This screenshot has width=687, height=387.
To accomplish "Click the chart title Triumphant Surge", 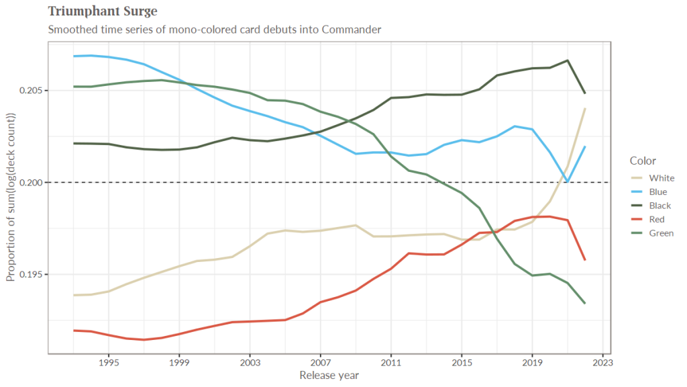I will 103,12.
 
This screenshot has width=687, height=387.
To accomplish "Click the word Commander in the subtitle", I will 352,30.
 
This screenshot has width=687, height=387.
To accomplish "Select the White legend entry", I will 661,178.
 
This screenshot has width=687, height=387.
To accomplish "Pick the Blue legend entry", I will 658,192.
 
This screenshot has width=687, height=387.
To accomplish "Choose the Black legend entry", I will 659,206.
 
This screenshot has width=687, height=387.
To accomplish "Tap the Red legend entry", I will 657,220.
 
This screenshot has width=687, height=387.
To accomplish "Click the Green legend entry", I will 661,233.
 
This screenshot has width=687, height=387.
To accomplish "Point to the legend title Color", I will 643,161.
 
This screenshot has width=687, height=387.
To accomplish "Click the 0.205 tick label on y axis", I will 32,91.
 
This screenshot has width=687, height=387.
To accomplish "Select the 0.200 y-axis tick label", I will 32,183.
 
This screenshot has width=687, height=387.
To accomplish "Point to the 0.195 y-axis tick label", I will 32,275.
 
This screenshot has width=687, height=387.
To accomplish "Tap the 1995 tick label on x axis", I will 109,363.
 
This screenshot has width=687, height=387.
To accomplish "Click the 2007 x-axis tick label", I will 320,363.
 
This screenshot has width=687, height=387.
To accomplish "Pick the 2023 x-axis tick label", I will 602,363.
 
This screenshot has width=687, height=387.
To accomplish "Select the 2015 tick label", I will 461,363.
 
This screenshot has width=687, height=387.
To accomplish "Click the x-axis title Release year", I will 329,375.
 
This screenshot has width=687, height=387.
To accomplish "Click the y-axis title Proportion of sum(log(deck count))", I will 11,197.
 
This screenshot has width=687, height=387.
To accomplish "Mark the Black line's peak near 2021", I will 568,60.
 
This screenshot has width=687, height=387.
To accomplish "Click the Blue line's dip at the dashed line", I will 568,181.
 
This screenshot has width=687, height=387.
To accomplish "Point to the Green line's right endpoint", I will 585,303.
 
